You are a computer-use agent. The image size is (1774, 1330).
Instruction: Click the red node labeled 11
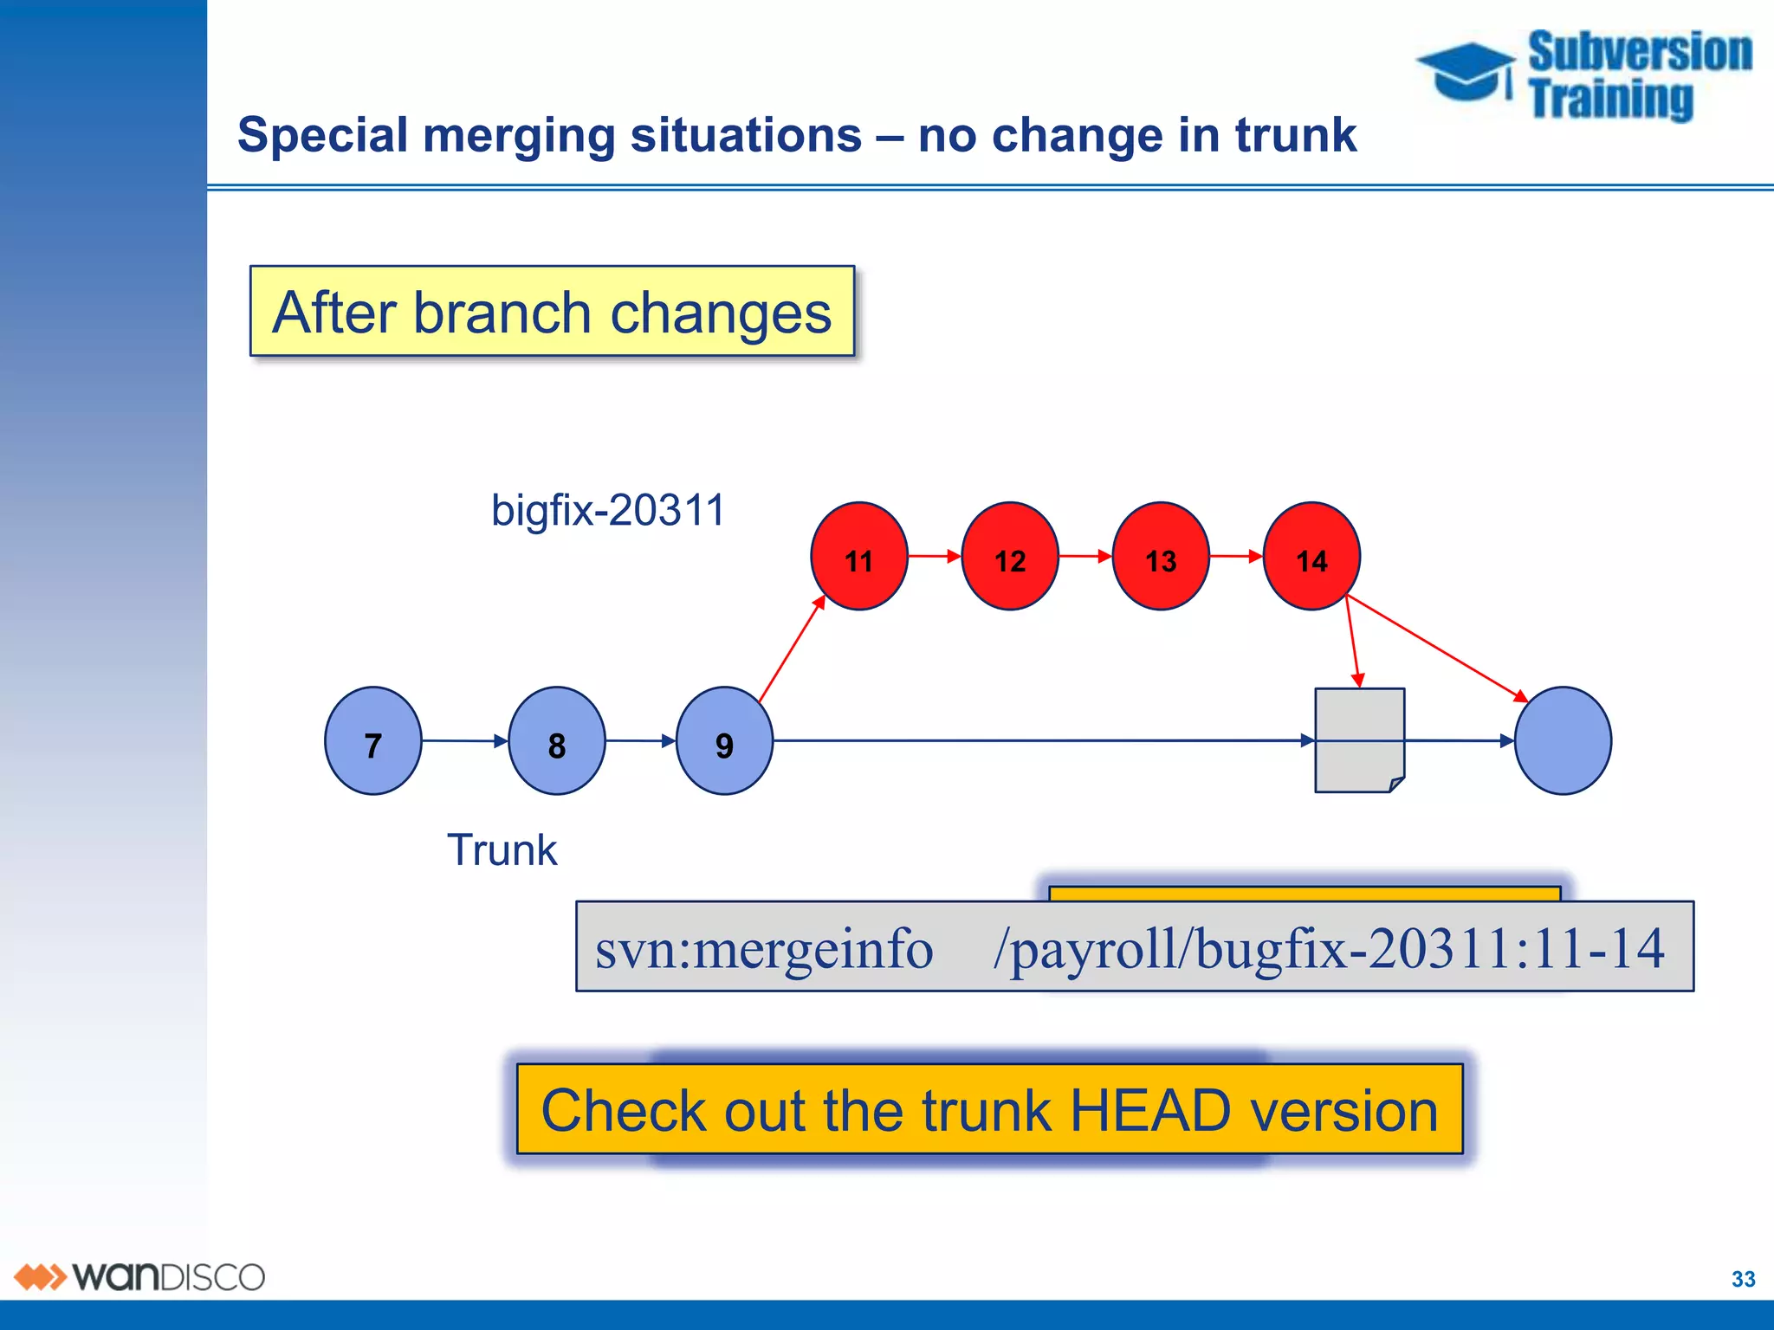click(x=858, y=557)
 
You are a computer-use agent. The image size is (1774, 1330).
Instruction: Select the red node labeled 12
click(x=1009, y=557)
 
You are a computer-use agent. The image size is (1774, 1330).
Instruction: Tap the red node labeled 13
click(x=1160, y=557)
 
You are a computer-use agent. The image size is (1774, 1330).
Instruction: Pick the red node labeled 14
click(x=1311, y=557)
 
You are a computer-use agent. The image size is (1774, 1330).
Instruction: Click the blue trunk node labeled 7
click(x=372, y=741)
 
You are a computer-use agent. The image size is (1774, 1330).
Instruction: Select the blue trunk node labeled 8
click(x=556, y=741)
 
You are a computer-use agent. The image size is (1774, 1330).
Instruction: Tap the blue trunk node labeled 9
click(x=724, y=741)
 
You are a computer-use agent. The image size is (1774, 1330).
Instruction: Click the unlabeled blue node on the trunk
click(x=1563, y=741)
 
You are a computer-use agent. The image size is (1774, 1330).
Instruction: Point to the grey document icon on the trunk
click(x=1359, y=741)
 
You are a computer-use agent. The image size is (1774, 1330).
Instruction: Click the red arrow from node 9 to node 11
click(x=792, y=649)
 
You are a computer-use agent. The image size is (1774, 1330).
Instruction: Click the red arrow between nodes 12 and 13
click(x=1084, y=556)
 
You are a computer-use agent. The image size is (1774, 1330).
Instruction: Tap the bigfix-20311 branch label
click(x=607, y=510)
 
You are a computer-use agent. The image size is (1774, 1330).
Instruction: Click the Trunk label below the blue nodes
click(x=502, y=849)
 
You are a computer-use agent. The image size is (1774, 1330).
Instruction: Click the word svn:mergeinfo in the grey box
click(x=764, y=948)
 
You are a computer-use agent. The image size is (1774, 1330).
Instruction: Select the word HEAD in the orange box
click(x=1149, y=1111)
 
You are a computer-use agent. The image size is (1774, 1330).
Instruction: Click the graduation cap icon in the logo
click(x=1466, y=72)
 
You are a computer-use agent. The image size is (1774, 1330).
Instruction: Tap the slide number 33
click(x=1743, y=1279)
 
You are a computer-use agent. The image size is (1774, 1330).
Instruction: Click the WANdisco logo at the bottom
click(x=139, y=1277)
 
